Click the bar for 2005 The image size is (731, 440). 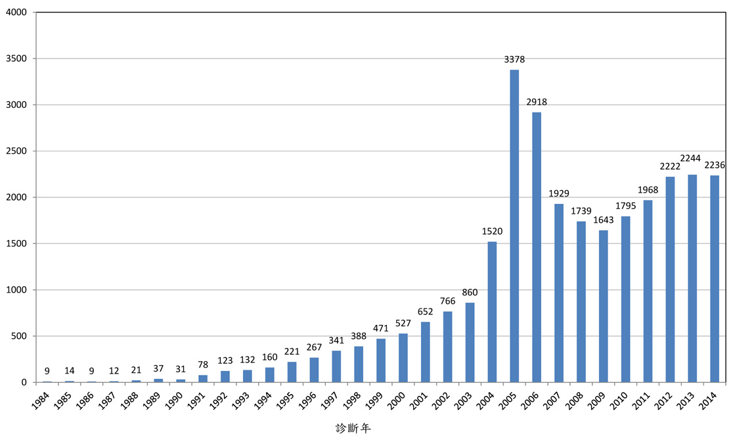[x=514, y=226]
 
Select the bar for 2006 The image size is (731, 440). [x=537, y=247]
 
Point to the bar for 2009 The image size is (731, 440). [x=604, y=306]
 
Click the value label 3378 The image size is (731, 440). [x=514, y=59]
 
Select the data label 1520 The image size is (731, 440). [x=492, y=231]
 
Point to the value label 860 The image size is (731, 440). [x=470, y=292]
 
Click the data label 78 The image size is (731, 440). [x=202, y=364]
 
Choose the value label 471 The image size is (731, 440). [x=380, y=328]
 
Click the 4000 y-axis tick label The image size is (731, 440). [x=16, y=12]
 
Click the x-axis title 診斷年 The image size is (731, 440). [x=353, y=428]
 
